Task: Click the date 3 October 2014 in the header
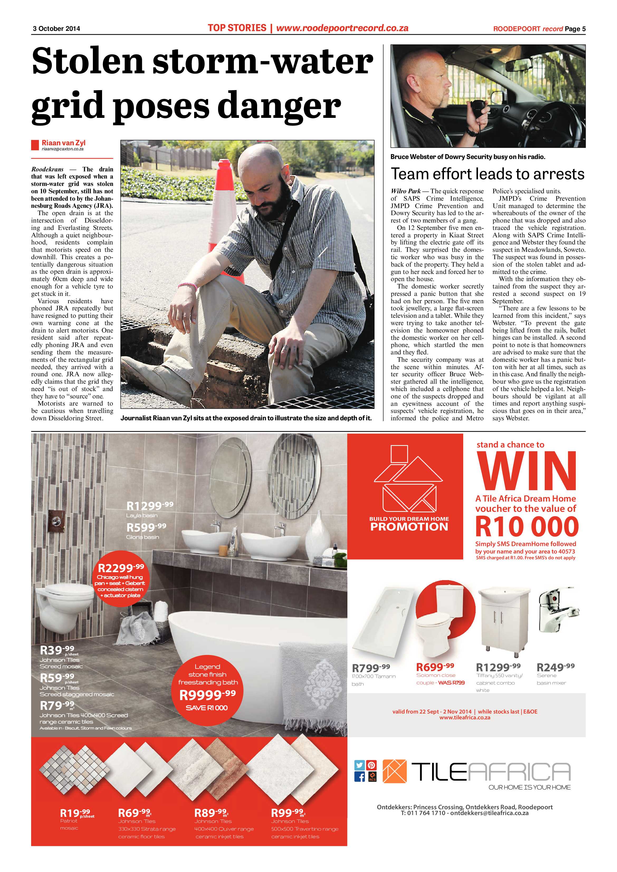coord(56,28)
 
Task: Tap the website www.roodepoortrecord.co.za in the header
coord(342,28)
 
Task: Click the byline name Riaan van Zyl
coord(64,143)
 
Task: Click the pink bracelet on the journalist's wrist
coord(187,285)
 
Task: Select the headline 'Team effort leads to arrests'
coord(487,174)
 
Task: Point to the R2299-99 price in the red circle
coord(121,568)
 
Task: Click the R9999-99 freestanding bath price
coord(207,695)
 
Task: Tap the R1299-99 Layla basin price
coord(150,505)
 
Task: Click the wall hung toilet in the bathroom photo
coord(63,608)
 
